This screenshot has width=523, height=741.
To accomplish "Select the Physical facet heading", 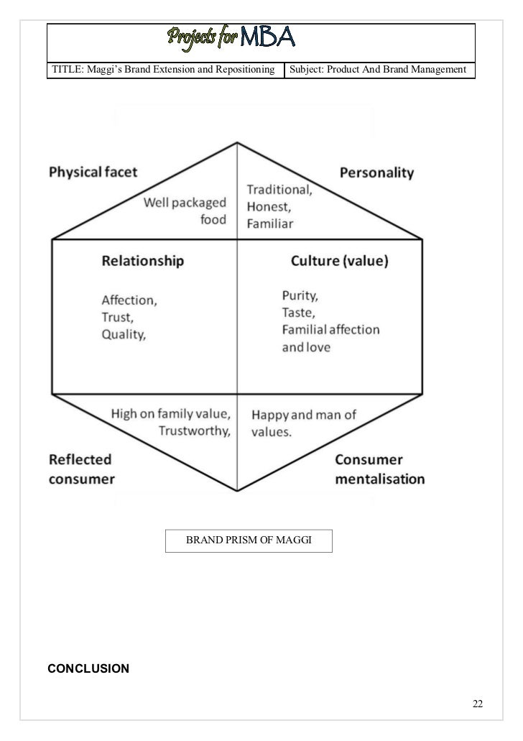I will (x=93, y=172).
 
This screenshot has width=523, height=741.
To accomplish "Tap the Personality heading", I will (x=376, y=172).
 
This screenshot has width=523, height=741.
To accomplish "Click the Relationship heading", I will (x=142, y=261).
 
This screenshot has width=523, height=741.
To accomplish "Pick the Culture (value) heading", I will (x=340, y=261).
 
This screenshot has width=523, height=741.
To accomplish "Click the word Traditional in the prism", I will (x=279, y=190).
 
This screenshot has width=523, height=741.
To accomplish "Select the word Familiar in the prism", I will (x=270, y=224).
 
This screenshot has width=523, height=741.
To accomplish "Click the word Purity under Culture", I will (x=300, y=295).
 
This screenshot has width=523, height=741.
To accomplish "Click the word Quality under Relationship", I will (x=124, y=333).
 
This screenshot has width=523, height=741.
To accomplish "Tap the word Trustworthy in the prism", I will (x=193, y=431).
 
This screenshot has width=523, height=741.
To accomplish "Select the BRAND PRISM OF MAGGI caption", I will (x=249, y=540).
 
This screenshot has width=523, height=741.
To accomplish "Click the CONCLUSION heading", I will (x=88, y=669).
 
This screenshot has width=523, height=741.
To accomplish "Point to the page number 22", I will (x=477, y=702).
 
